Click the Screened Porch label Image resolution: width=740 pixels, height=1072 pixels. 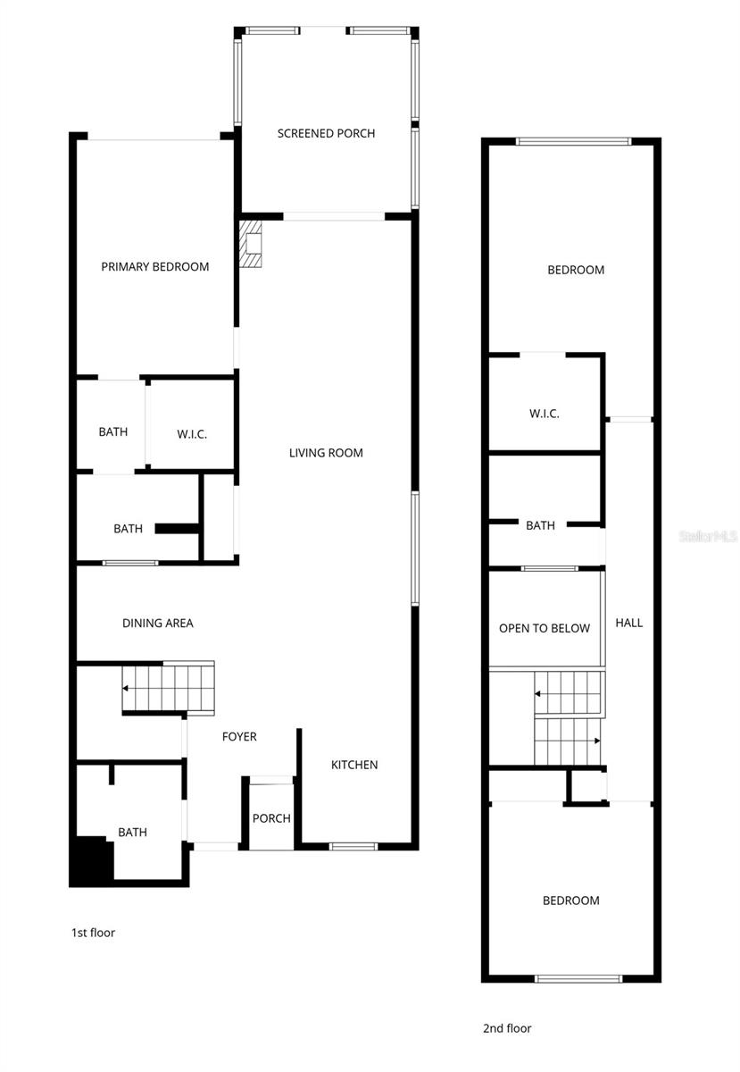(326, 134)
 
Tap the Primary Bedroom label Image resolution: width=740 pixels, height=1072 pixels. (155, 267)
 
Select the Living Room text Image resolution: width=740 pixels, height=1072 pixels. (326, 453)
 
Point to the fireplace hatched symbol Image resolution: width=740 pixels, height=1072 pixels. (252, 245)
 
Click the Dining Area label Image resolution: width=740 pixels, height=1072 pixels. (158, 624)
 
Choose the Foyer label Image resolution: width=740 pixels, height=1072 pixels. (239, 737)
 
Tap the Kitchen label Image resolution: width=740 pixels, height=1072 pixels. (354, 765)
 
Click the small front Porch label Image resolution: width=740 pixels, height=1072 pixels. (271, 818)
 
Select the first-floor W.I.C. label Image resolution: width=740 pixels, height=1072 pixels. (192, 434)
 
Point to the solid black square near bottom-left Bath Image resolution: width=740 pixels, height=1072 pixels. (92, 859)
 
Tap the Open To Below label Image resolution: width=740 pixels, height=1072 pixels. (545, 628)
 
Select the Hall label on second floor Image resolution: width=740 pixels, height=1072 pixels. (629, 623)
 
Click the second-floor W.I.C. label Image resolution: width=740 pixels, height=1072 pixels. (545, 414)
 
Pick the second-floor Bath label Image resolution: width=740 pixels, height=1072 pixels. (540, 526)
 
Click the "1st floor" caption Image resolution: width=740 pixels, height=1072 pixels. (93, 933)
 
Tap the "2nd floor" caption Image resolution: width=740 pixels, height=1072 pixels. (507, 1028)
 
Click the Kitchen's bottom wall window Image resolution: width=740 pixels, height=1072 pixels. (353, 845)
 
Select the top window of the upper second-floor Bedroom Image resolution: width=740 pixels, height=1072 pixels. (574, 140)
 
